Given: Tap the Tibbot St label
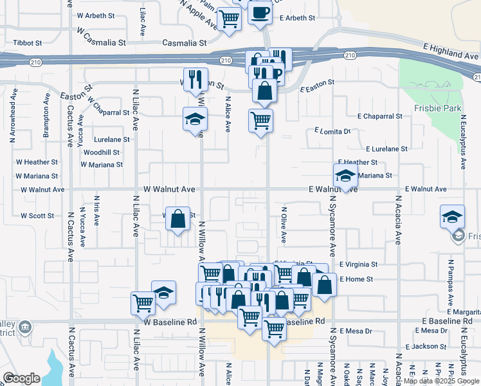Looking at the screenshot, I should [x=28, y=43].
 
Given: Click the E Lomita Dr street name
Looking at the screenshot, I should [x=333, y=131].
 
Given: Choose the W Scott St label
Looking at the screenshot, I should [x=37, y=216].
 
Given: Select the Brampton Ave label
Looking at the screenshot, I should [x=46, y=116].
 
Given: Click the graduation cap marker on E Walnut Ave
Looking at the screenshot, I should [x=345, y=175].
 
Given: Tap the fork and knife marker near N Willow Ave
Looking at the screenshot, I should [x=195, y=80].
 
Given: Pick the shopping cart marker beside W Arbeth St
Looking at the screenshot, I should [x=229, y=19].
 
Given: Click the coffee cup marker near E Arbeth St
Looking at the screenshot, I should [x=260, y=14].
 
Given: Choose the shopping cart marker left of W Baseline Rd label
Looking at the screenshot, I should [x=143, y=303].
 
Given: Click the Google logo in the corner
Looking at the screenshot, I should [x=21, y=378].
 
